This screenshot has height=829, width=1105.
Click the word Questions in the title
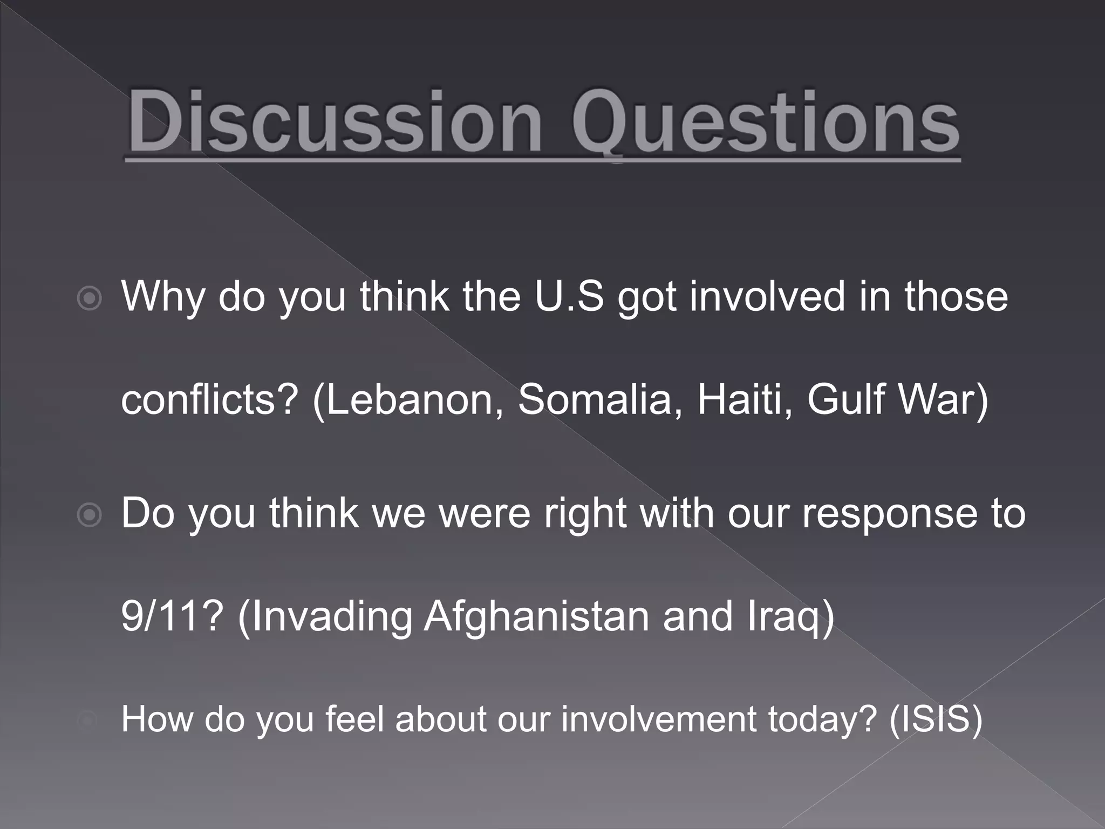[765, 123]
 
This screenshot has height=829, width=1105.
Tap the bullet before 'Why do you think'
[89, 298]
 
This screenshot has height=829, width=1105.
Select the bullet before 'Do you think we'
[89, 515]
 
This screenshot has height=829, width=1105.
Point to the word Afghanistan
[537, 616]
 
